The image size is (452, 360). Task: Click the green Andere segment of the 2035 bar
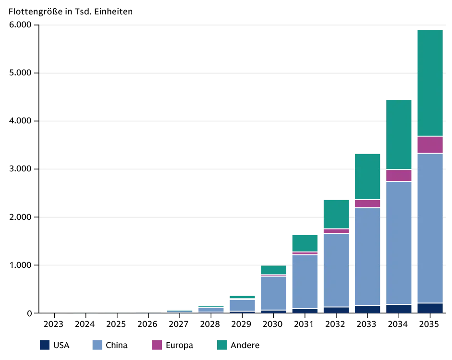(430, 83)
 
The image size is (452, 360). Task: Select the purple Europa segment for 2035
(430, 145)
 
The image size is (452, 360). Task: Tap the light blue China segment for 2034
(399, 243)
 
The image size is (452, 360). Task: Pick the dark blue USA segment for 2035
(430, 308)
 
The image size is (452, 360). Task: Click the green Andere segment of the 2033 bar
(367, 177)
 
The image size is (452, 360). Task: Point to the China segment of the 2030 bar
(274, 293)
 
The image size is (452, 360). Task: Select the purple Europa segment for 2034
(399, 175)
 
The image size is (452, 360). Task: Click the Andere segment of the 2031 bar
(305, 243)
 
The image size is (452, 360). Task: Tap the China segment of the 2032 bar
(336, 270)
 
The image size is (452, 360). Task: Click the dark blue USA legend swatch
(45, 345)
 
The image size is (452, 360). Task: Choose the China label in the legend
(116, 345)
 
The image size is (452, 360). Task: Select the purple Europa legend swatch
(157, 345)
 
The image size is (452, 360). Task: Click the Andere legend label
(245, 345)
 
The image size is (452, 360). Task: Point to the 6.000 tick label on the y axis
(20, 25)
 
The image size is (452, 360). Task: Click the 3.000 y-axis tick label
(20, 169)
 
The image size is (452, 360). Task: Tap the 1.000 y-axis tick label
(20, 265)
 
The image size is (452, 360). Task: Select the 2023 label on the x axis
(53, 324)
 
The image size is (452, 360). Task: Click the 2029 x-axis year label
(241, 324)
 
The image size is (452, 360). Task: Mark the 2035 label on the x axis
(429, 324)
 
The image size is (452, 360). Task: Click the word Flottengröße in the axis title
(35, 12)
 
